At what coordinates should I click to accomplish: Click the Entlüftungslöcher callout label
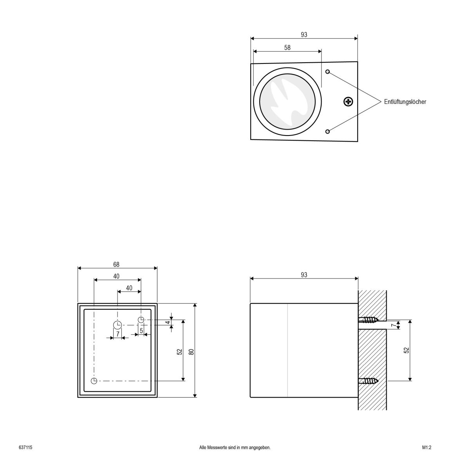point(405,102)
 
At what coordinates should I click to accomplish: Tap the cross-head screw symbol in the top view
point(348,102)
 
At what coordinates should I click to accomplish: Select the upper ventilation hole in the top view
point(328,72)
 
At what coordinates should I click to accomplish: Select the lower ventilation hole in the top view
point(328,131)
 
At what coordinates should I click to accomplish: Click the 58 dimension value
point(287,47)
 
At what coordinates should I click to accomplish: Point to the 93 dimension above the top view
point(304,34)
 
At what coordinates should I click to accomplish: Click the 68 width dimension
point(116,264)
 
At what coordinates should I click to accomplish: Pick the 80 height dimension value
point(192,351)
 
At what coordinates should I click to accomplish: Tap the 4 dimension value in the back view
point(168,322)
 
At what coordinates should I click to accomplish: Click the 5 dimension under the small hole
point(141,331)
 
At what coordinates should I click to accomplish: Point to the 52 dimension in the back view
point(180,351)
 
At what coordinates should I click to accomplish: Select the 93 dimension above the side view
point(304,275)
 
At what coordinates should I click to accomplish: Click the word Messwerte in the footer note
point(217,447)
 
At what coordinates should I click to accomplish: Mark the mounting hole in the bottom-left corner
point(94,381)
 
